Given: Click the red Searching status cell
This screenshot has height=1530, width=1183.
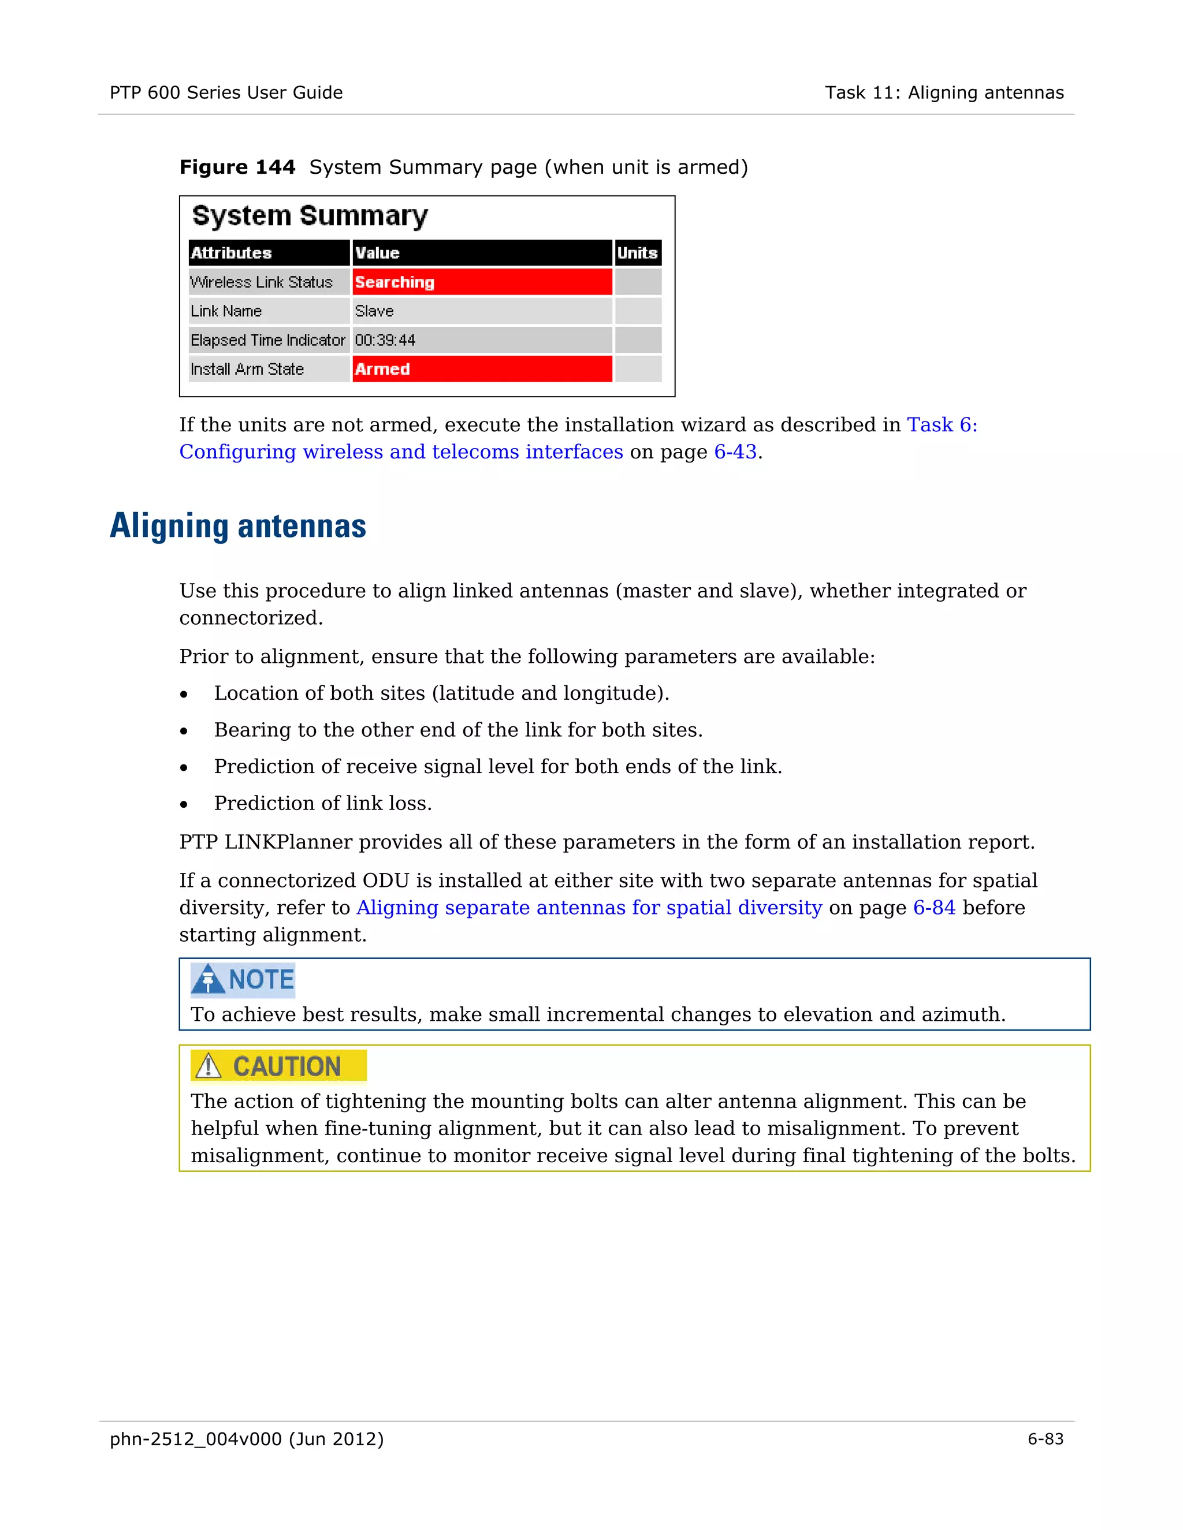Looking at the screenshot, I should (482, 282).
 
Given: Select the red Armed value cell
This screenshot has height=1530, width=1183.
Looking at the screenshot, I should (482, 369).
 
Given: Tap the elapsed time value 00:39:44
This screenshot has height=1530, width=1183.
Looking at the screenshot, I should (385, 341).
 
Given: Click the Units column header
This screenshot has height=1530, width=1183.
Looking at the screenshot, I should (637, 253).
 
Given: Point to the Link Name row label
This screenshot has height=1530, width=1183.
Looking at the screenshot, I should (226, 311).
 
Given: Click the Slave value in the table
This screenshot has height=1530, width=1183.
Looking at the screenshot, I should (374, 311).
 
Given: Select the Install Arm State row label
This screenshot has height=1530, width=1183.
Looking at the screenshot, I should (247, 369).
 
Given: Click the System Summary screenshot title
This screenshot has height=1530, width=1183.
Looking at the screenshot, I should (310, 216).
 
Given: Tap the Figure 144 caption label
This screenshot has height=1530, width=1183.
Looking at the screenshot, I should (237, 167).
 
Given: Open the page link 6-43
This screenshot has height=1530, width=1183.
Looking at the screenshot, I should (735, 452).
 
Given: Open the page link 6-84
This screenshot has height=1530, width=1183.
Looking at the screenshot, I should (934, 908).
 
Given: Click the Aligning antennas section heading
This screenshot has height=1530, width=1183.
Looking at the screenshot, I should (239, 526).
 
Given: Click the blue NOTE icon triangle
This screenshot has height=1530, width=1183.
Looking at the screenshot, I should (207, 979).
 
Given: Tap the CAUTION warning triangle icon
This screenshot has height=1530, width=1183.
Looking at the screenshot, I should (208, 1066).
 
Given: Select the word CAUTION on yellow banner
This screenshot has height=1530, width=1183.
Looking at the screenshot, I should (287, 1066).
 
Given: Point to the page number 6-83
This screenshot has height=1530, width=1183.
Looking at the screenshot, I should (1046, 1439).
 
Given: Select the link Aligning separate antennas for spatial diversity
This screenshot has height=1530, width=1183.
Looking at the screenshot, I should (589, 908).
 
